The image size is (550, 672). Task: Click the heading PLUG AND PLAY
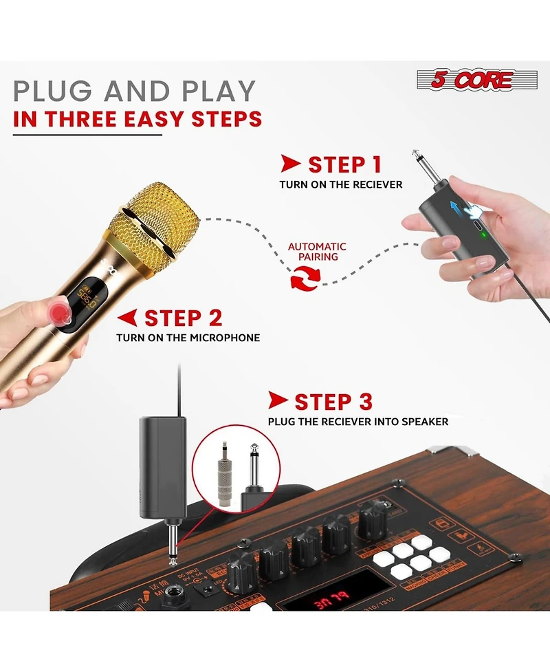pos(135,91)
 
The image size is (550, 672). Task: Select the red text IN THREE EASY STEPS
pos(137,119)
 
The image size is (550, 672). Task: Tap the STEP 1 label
pos(344,165)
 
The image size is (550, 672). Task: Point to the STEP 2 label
pos(183,318)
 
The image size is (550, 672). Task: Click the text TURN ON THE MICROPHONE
pos(188,338)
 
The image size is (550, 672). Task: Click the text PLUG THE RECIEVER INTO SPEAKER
pos(357,421)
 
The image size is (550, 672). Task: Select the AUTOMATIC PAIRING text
pos(317,252)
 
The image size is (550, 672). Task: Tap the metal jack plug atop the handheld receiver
pos(421,166)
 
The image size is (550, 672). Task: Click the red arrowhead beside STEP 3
pos(278,400)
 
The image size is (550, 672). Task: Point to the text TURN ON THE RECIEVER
pos(340,184)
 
